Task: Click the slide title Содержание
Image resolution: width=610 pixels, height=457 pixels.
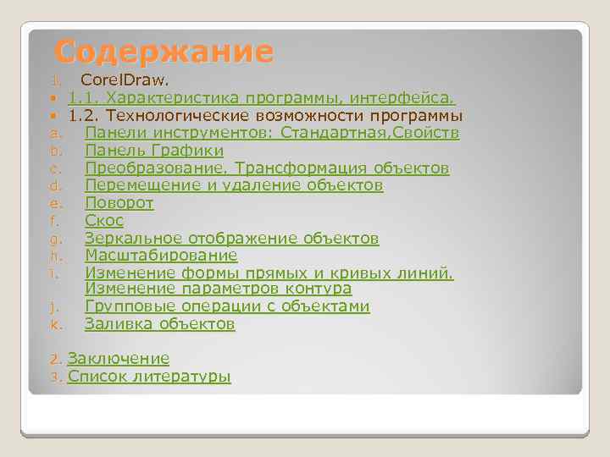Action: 164,52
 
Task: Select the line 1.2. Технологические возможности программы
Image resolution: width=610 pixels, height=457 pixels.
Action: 265,115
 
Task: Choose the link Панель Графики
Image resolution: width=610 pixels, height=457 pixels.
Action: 154,151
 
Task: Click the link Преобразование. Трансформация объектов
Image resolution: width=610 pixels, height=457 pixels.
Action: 267,168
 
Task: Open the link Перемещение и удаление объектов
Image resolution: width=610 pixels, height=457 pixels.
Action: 234,184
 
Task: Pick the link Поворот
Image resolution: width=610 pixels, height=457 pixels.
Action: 119,203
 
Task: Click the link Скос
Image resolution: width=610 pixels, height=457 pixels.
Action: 104,221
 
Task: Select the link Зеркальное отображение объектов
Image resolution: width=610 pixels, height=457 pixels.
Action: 231,239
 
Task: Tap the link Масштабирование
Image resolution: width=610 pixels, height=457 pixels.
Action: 161,256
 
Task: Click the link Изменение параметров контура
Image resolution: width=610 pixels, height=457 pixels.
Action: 218,289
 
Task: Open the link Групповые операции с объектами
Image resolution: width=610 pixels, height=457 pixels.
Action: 227,306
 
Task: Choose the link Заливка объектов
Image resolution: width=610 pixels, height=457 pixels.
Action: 160,324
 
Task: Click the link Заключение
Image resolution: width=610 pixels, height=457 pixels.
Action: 119,359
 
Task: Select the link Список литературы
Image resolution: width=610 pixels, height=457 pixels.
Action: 149,377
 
